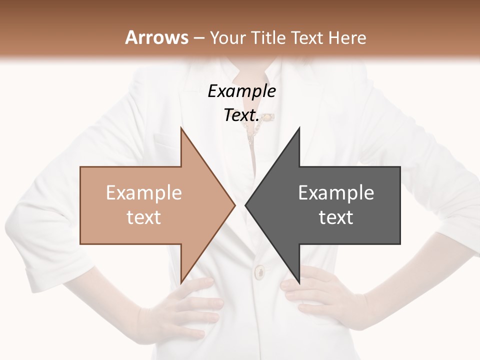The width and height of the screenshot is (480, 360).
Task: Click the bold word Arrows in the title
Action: click(156, 37)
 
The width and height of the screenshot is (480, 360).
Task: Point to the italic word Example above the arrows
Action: click(241, 91)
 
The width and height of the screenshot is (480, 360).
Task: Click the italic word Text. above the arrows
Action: click(241, 115)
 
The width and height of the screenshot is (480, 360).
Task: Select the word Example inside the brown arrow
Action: click(143, 192)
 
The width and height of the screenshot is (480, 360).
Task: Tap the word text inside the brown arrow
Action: click(143, 217)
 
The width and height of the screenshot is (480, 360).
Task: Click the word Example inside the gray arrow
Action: click(336, 192)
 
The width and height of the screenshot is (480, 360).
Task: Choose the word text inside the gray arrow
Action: click(336, 217)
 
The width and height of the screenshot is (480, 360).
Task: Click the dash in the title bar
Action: click(198, 38)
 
